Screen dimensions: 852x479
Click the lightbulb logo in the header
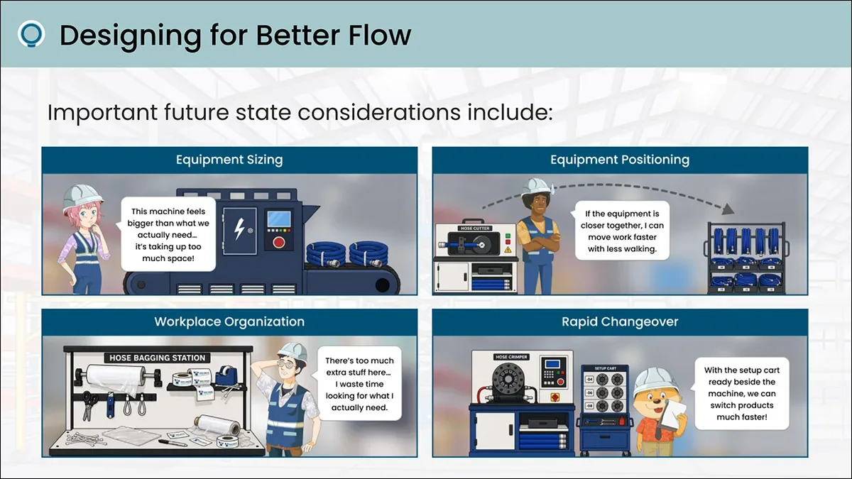click(31, 34)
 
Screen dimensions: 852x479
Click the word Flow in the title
click(380, 35)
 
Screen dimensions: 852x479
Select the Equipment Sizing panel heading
click(229, 160)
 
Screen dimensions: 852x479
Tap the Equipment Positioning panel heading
click(620, 160)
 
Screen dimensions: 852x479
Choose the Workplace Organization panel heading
click(229, 321)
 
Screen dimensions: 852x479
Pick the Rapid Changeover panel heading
click(620, 321)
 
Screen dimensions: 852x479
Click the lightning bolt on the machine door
click(239, 229)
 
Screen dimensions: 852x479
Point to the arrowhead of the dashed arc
click(728, 209)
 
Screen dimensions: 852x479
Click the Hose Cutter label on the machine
click(475, 229)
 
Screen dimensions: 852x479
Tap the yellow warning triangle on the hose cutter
click(508, 250)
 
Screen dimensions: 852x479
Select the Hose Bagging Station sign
click(157, 358)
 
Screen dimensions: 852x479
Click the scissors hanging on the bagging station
click(89, 406)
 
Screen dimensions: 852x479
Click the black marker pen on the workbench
click(173, 443)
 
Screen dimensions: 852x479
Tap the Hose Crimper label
click(512, 357)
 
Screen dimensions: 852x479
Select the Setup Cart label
click(605, 368)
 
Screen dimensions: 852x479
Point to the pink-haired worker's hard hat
click(82, 198)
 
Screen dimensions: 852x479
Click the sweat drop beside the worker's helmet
click(552, 187)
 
